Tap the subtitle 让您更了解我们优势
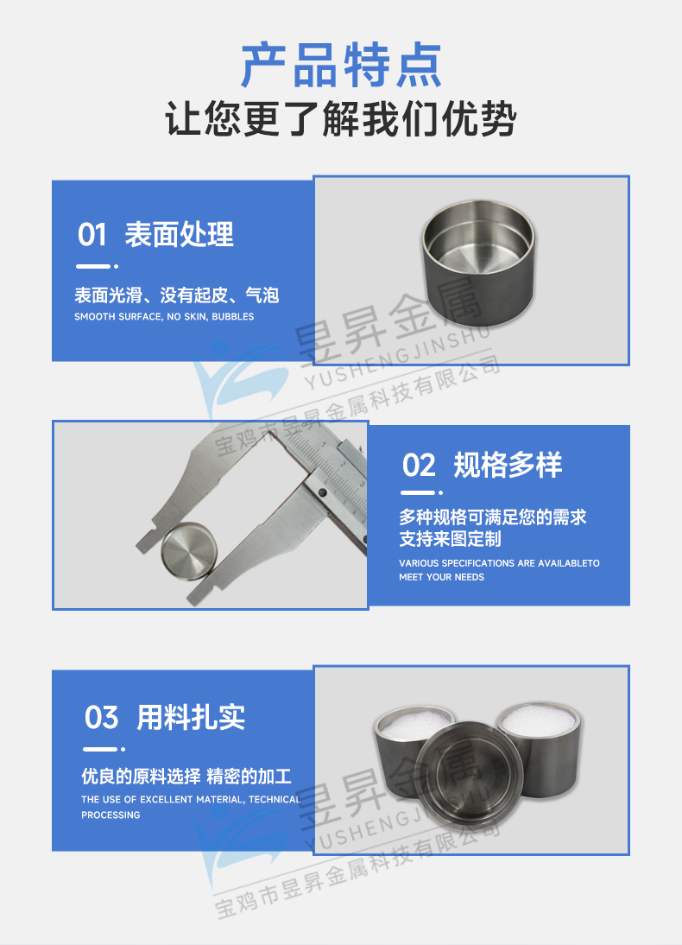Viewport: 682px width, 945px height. tap(340, 119)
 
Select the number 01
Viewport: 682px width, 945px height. tap(92, 235)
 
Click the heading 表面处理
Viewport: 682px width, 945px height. tap(179, 235)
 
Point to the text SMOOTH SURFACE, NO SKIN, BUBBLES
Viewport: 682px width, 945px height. tap(164, 317)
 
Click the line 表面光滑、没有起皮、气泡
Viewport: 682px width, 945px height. tap(177, 295)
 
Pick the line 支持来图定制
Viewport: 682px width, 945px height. tap(450, 539)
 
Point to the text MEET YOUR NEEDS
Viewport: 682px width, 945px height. tap(441, 577)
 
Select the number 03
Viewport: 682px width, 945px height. tap(101, 717)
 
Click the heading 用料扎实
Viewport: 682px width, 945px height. tap(191, 717)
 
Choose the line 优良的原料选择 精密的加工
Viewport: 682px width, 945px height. tap(186, 776)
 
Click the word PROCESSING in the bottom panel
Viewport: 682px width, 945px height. tap(111, 815)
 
